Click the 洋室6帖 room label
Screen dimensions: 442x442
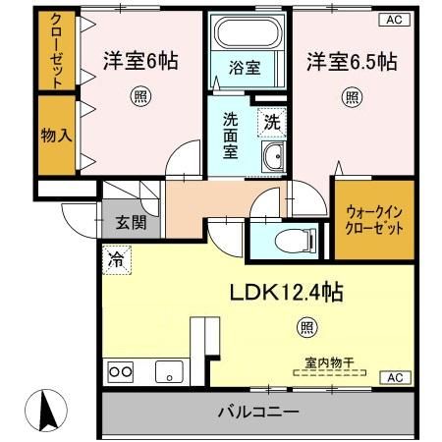coord(140,61)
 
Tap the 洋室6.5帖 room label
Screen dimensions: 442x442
coord(351,61)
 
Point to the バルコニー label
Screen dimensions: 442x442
coord(257,413)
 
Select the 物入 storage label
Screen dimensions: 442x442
coord(56,135)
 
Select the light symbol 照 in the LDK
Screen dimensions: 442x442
coord(307,327)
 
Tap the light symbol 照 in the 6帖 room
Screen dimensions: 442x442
coord(140,96)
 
